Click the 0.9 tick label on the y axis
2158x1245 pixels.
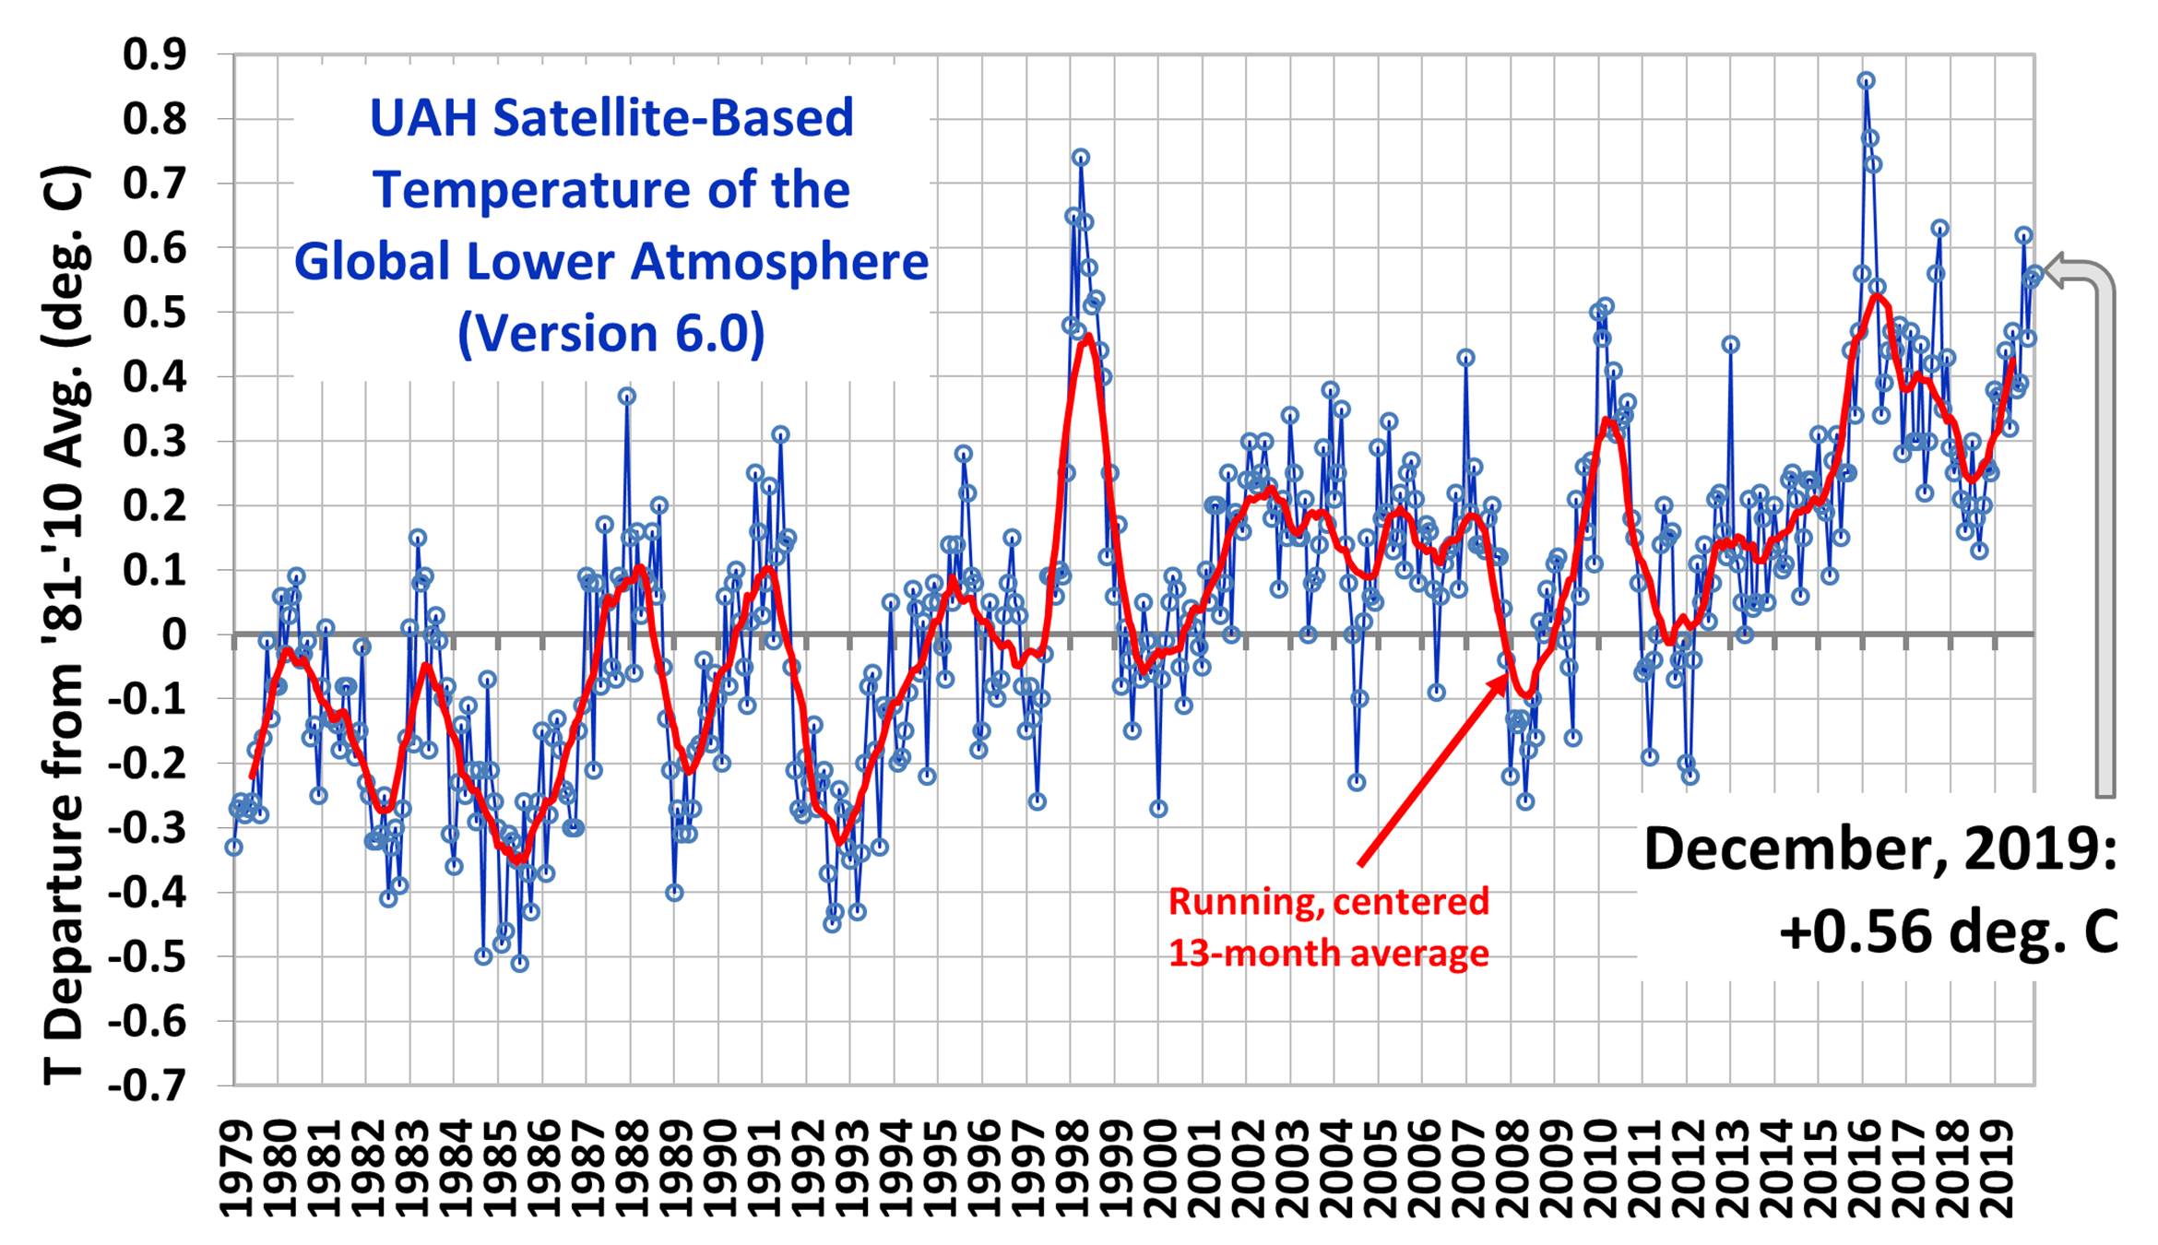[x=155, y=55]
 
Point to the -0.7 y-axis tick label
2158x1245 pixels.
[x=148, y=1085]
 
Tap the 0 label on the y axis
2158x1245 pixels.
[x=172, y=635]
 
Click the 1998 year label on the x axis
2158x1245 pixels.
[x=1073, y=1168]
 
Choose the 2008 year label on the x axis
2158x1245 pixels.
[x=1513, y=1168]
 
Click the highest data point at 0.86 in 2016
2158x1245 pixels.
[x=1866, y=81]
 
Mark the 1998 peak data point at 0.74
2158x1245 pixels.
[x=1080, y=158]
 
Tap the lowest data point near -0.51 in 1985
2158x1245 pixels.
[x=519, y=964]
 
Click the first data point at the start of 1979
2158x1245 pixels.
[x=234, y=847]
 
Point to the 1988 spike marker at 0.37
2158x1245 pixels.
[x=627, y=397]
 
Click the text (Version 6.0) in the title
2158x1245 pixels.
[x=611, y=334]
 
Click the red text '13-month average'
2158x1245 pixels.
[x=1328, y=954]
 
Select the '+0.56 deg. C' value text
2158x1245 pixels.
[x=1948, y=931]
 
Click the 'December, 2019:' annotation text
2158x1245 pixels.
[x=1879, y=849]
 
